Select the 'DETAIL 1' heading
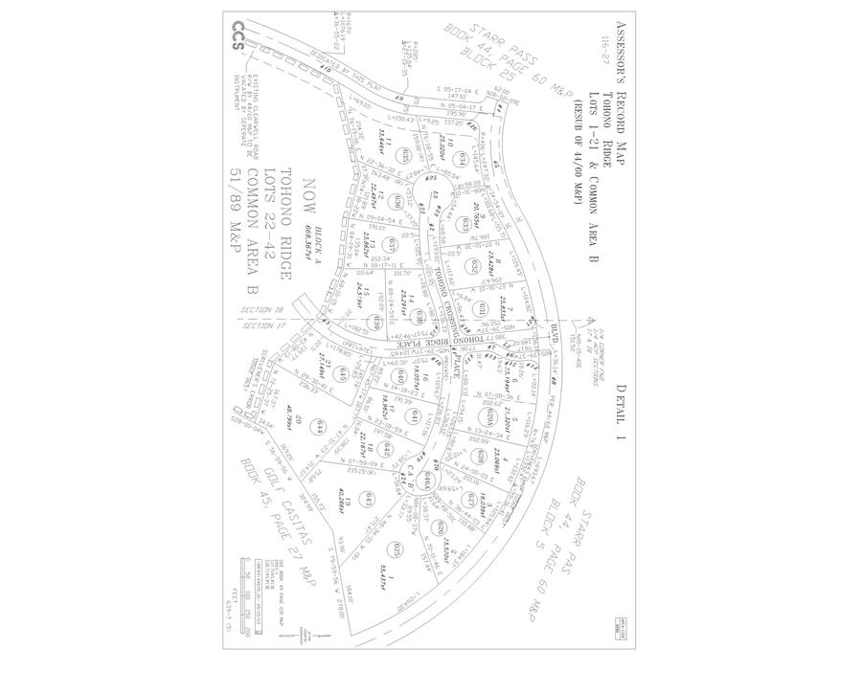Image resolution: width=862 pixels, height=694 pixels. coord(620,409)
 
